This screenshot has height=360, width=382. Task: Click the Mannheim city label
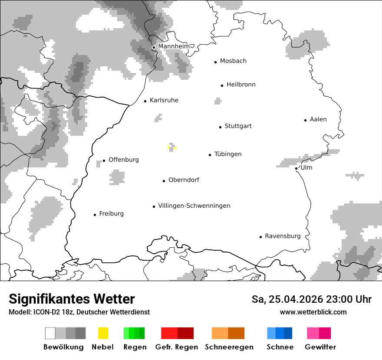pyautogui.click(x=174, y=46)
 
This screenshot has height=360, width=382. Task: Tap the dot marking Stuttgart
pyautogui.click(x=220, y=127)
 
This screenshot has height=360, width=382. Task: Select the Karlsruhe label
pyautogui.click(x=164, y=101)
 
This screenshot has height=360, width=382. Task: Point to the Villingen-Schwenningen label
pyautogui.click(x=194, y=206)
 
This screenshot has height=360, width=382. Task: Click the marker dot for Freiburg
pyautogui.click(x=95, y=215)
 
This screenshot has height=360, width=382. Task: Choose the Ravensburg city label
pyautogui.click(x=283, y=236)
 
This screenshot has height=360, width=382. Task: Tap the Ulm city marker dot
pyautogui.click(x=296, y=168)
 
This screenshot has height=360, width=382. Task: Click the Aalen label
pyautogui.click(x=318, y=120)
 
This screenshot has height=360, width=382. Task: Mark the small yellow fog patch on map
pyautogui.click(x=169, y=147)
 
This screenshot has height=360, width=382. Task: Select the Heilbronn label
pyautogui.click(x=241, y=85)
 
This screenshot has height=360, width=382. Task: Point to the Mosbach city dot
pyautogui.click(x=215, y=62)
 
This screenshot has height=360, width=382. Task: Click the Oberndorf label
pyautogui.click(x=184, y=180)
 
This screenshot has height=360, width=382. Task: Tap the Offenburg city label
pyautogui.click(x=124, y=160)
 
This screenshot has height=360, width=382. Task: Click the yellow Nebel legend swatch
pyautogui.click(x=103, y=333)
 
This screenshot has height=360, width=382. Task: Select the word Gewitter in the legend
pyautogui.click(x=320, y=347)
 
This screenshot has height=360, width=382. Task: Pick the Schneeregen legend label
pyautogui.click(x=229, y=347)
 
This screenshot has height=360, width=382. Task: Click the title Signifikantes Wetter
pyautogui.click(x=72, y=299)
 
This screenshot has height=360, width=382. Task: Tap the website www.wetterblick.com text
pyautogui.click(x=313, y=312)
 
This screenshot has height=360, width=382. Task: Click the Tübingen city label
pyautogui.click(x=228, y=154)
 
